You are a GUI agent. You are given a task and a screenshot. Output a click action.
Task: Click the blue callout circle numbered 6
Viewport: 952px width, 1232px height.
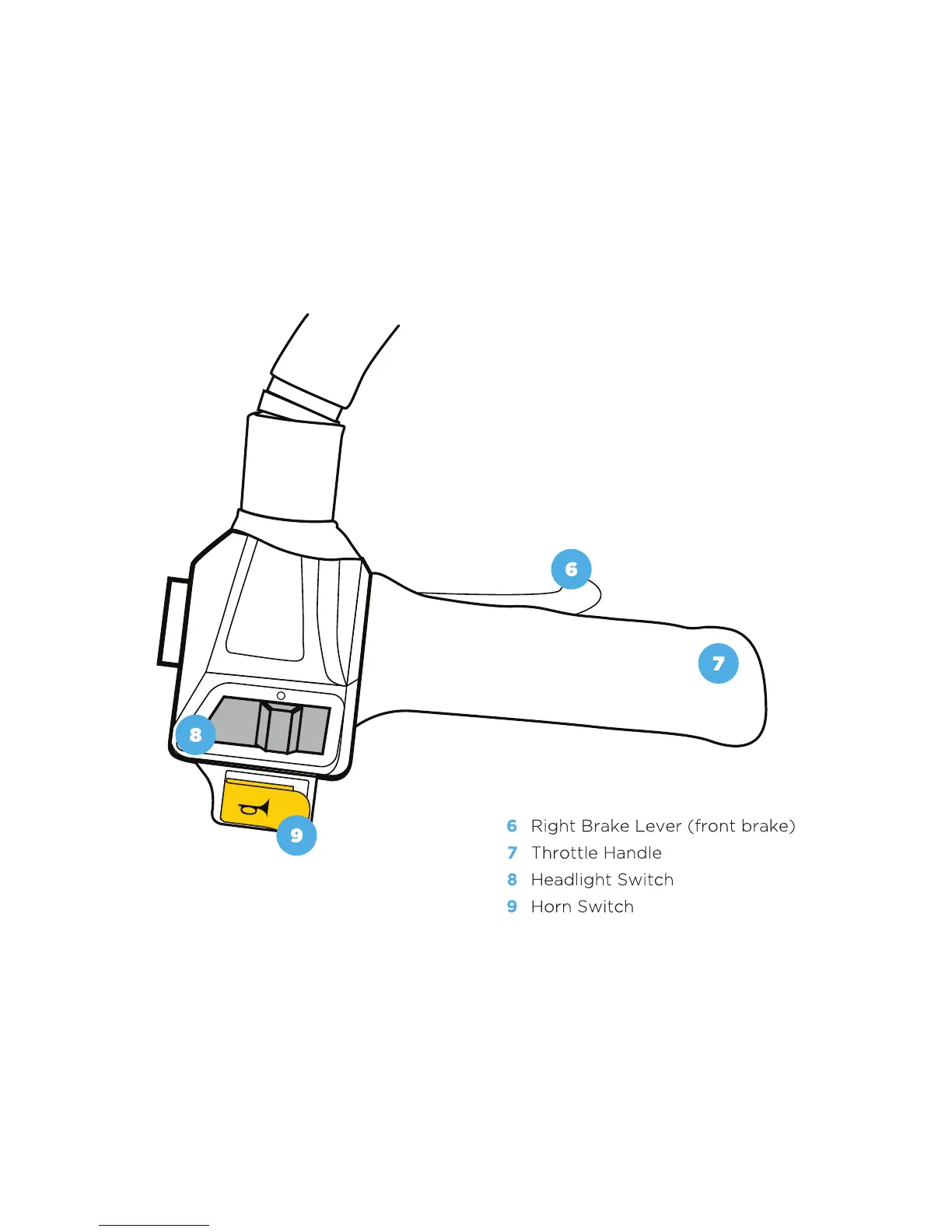click(x=571, y=569)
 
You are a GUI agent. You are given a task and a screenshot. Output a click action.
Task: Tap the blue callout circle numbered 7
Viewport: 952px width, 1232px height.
click(x=718, y=663)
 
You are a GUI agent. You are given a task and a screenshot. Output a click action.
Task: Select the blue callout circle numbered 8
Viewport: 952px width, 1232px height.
click(x=195, y=734)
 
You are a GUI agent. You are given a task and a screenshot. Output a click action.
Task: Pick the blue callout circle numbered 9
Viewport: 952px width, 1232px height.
click(x=296, y=835)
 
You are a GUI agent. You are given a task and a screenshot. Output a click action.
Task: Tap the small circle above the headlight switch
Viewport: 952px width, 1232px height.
click(x=281, y=695)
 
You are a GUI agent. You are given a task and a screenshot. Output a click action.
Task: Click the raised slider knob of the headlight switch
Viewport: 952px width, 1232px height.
click(x=279, y=727)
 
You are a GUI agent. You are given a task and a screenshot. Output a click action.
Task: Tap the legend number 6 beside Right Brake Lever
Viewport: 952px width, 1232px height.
click(x=512, y=826)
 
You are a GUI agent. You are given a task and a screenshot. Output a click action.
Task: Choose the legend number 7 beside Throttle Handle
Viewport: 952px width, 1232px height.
click(x=512, y=852)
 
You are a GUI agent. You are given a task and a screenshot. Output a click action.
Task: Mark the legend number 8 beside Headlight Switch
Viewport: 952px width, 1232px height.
click(x=512, y=880)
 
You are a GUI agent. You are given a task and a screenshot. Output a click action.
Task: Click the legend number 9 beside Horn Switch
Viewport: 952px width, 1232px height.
click(x=512, y=906)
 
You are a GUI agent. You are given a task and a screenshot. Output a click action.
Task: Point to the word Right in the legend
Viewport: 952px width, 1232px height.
click(x=552, y=826)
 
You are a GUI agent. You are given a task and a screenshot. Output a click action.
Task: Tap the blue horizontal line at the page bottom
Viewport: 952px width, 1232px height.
click(x=154, y=1225)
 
